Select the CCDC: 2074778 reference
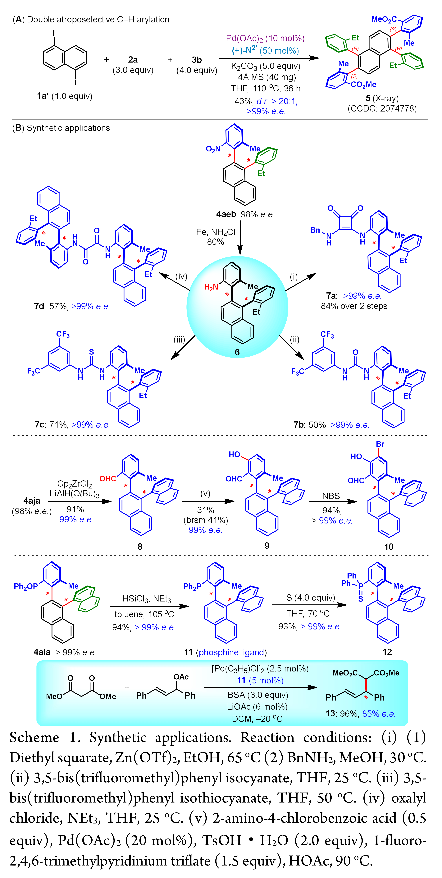click(382, 109)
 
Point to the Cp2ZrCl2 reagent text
click(74, 484)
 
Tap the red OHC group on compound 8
click(108, 479)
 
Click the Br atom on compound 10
click(380, 444)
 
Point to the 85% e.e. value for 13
click(379, 714)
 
